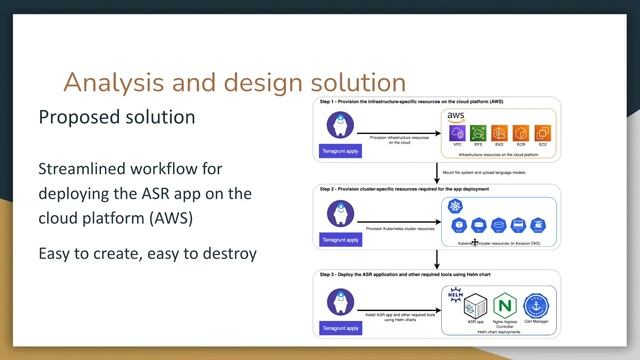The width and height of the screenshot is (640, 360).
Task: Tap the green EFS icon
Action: coord(479,133)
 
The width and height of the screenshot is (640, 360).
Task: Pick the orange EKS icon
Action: coord(500,133)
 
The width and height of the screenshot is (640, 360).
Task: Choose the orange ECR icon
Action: coord(521,133)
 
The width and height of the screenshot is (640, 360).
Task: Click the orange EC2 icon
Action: coord(542,133)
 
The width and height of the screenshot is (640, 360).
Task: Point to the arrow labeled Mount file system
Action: coord(437,171)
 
